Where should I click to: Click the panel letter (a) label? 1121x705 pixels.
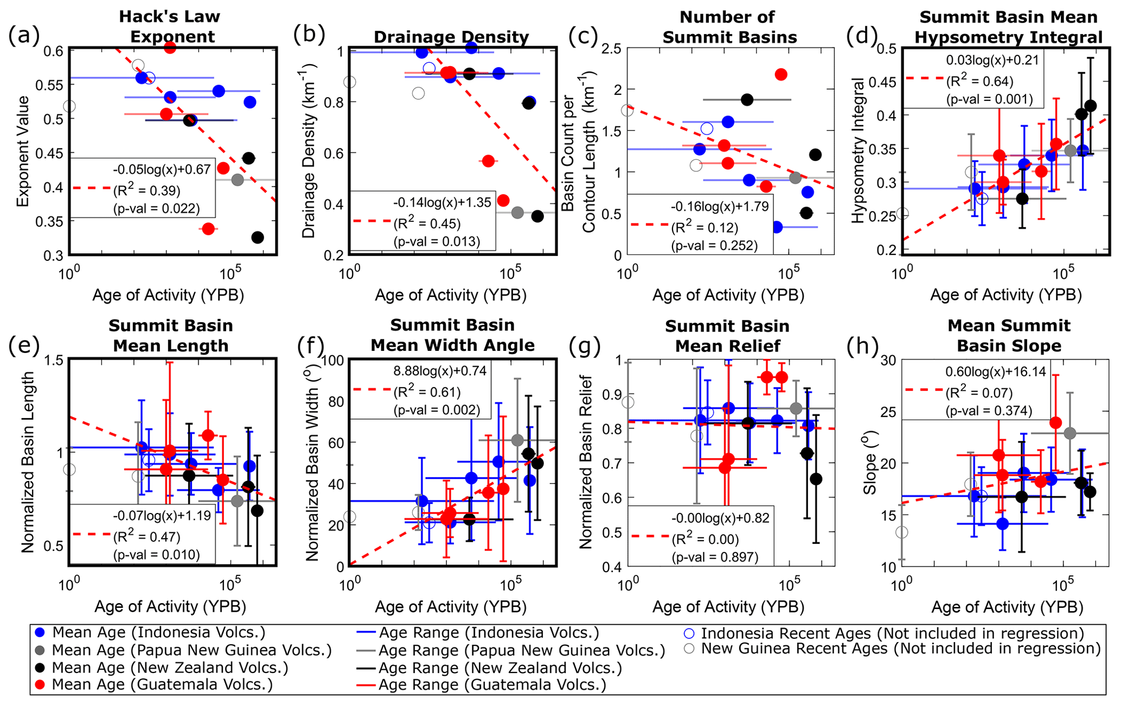24,36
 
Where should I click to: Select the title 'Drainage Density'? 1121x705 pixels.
451,37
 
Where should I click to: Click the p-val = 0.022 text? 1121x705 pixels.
156,209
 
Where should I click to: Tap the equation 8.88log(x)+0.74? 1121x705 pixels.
440,371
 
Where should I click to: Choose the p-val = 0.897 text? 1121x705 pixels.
715,557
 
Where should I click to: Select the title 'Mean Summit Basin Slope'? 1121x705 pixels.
1009,335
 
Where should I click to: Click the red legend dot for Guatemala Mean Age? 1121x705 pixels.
41,684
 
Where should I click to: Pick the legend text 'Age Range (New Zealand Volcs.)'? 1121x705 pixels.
499,668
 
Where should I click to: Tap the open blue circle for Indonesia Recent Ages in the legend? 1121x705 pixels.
689,633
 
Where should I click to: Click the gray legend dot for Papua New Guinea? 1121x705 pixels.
41,650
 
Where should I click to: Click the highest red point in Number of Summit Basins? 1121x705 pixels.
781,75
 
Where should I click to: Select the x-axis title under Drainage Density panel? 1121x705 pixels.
451,295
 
